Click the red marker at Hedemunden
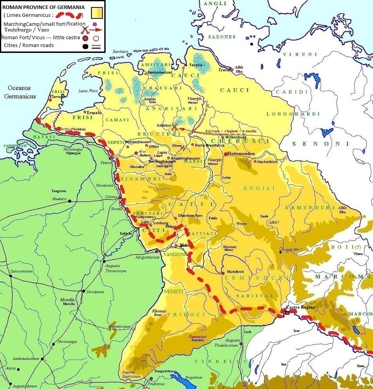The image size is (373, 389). pyautogui.click(x=226, y=154)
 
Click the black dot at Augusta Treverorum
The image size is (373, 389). pyautogui.click(x=104, y=261)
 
